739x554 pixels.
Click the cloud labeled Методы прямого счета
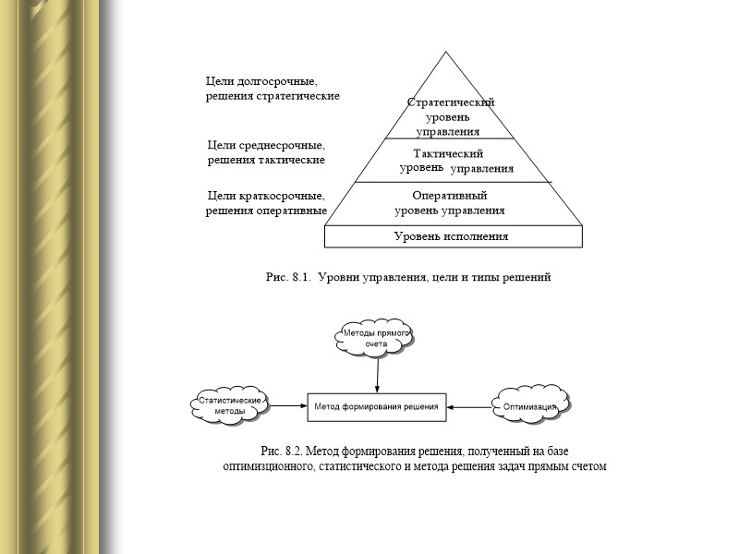376,338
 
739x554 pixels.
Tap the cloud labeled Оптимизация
530,405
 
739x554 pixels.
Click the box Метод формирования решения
378,405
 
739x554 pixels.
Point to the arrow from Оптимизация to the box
470,405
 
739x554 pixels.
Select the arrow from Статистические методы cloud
288,405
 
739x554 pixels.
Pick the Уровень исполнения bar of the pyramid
454,236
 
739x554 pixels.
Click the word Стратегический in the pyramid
452,102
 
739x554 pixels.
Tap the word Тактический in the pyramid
449,153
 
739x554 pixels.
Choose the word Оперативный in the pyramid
450,196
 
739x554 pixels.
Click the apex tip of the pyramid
450,52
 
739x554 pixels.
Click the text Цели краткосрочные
265,196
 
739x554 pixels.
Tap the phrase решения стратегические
272,96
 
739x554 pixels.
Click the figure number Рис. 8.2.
282,452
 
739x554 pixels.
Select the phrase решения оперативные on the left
266,210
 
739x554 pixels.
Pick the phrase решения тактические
264,160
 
